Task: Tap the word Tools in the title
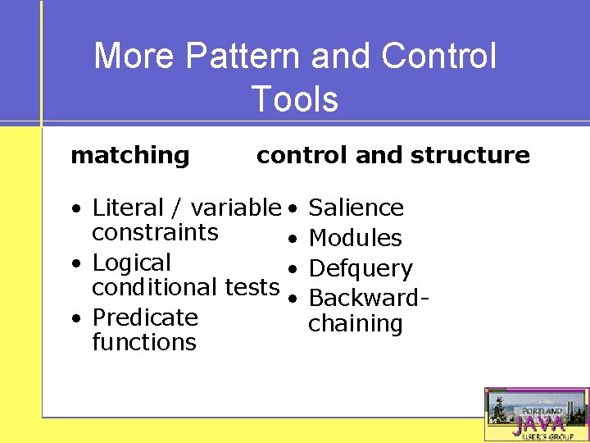pos(295,99)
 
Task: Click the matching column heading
pos(130,155)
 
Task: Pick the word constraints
pos(155,232)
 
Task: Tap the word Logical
pos(131,263)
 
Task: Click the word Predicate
pos(145,317)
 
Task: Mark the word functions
pos(144,342)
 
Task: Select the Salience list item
pos(356,208)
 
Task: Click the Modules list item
pos(355,238)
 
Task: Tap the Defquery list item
pos(361,268)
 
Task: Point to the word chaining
pos(355,324)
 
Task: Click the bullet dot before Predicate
pos(75,318)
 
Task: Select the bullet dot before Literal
pos(75,208)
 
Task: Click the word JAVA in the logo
pos(538,424)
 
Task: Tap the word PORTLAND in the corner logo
pos(543,410)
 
